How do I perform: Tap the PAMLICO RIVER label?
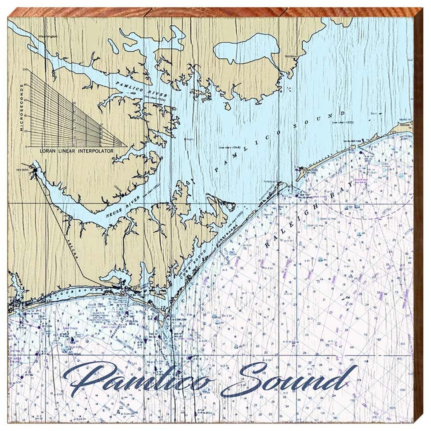point(136,89)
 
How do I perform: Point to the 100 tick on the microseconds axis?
point(26,69)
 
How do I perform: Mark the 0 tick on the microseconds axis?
point(27,146)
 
